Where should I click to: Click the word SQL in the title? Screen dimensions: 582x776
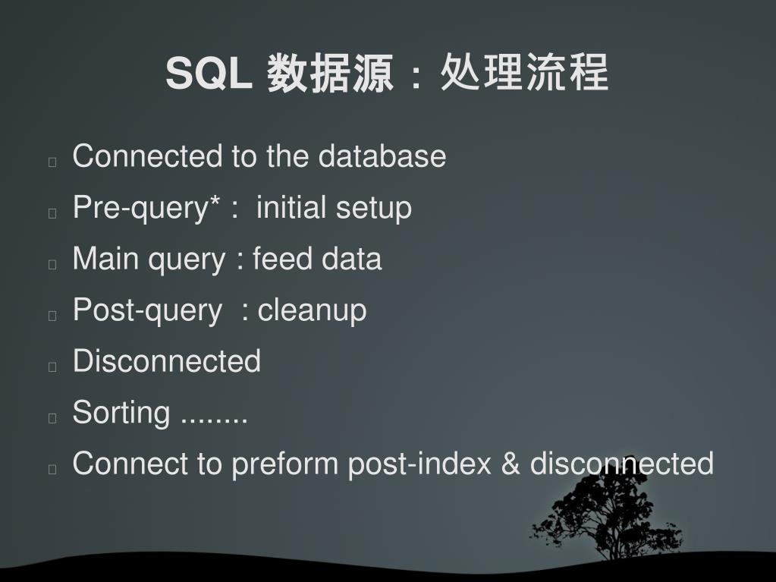tap(209, 74)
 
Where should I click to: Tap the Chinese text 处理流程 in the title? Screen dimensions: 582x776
tap(524, 74)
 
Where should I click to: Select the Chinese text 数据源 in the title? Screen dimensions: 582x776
tap(330, 74)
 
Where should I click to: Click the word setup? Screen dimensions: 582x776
tap(373, 208)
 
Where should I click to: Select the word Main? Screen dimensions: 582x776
tap(105, 259)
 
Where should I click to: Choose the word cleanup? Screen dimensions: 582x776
tap(312, 310)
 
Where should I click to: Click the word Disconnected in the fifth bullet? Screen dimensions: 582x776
tap(166, 361)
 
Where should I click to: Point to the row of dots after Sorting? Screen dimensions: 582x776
tap(215, 419)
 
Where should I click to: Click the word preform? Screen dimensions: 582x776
tap(286, 464)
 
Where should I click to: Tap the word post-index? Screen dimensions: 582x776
tap(419, 464)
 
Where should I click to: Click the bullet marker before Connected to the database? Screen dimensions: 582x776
tap(52, 162)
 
